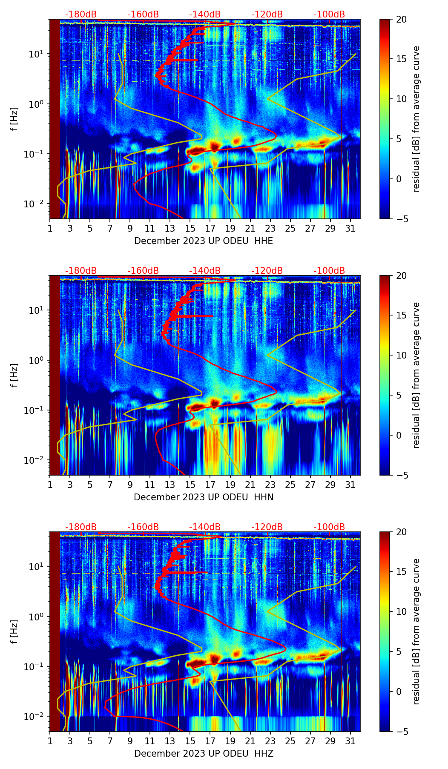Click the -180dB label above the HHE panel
81,14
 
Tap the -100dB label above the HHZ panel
329,527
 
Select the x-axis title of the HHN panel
204,497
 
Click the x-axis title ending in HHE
204,241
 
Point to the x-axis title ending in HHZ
204,753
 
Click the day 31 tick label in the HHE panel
350,228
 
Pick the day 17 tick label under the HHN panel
210,485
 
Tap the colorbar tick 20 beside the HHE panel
401,20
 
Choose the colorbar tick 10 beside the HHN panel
401,355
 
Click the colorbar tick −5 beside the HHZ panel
401,731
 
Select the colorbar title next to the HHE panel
416,119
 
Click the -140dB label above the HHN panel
205,271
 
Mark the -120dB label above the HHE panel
267,14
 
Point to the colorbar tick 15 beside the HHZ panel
401,571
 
